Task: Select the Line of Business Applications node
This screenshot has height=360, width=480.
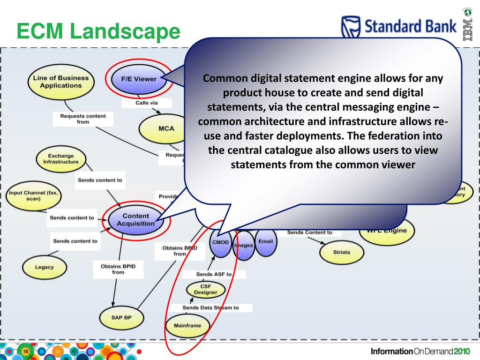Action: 60,82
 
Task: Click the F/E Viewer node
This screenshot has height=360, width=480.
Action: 139,79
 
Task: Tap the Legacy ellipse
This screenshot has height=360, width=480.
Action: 45,267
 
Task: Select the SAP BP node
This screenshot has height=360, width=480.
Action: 122,317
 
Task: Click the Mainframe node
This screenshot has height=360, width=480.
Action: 187,325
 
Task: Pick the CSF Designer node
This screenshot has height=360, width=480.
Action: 205,289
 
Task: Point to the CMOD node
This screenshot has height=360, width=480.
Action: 220,243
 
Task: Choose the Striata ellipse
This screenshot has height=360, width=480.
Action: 341,252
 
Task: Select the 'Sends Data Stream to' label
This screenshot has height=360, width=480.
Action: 210,308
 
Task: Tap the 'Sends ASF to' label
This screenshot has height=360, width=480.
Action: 213,274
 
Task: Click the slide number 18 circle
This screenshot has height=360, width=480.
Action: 25,352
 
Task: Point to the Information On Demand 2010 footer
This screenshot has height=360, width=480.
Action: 420,352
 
